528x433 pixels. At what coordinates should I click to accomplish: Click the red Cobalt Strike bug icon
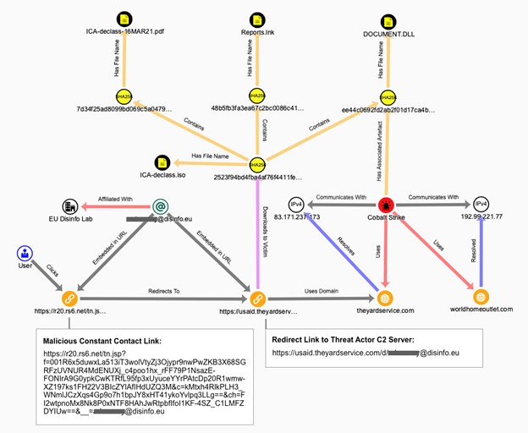coord(387,206)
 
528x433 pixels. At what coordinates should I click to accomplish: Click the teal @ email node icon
coord(159,206)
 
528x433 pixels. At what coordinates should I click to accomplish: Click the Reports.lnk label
coord(256,32)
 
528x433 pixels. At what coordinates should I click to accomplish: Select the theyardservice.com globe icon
coord(386,298)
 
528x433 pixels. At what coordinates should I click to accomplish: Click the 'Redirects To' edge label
coord(162,290)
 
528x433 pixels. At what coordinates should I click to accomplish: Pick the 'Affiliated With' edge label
coord(116,199)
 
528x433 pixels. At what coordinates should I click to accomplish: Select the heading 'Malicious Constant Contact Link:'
coord(102,338)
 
